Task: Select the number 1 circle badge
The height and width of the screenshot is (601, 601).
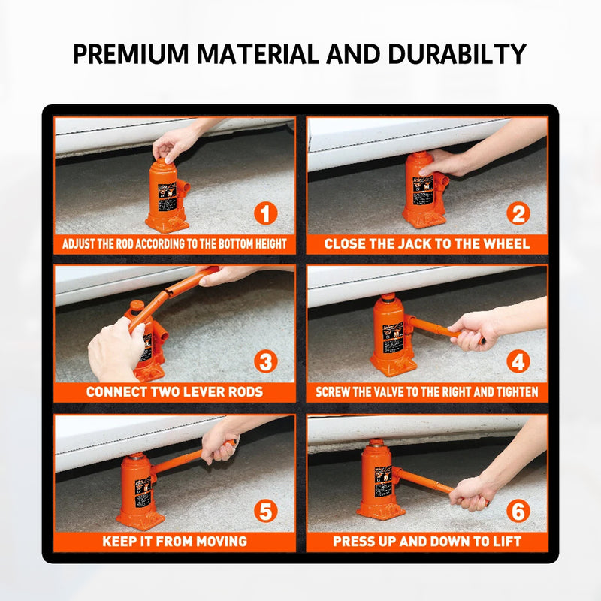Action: (x=264, y=214)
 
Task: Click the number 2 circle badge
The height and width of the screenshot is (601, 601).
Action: (x=518, y=214)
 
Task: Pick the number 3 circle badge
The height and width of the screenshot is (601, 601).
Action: (x=264, y=362)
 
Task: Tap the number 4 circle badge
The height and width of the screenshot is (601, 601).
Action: (x=518, y=362)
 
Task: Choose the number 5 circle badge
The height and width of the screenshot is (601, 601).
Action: (x=264, y=512)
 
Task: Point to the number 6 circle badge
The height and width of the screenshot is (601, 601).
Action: (x=518, y=512)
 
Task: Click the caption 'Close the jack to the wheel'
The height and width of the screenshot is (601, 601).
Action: (x=427, y=244)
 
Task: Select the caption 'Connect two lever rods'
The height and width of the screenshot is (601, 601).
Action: (x=174, y=392)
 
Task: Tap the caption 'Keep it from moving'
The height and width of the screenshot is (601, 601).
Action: (x=174, y=541)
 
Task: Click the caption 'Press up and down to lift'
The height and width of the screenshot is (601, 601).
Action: (x=427, y=541)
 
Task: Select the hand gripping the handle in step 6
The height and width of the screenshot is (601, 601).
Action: (x=471, y=492)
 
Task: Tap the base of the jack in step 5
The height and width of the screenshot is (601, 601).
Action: (x=140, y=518)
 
